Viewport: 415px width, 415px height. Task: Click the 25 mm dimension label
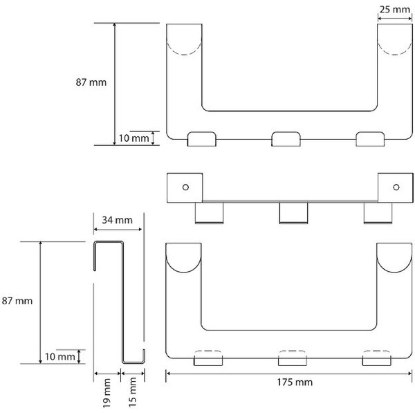coord(395,10)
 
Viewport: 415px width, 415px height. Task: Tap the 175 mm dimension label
coord(295,382)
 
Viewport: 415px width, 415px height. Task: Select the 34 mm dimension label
coord(117,220)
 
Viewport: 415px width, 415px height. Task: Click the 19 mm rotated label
coord(107,394)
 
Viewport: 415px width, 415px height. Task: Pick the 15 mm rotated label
coord(132,392)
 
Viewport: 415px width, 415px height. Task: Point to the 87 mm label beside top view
coord(91,82)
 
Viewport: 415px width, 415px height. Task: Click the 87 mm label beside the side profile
coord(17,301)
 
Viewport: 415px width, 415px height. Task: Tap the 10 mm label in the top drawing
coord(133,138)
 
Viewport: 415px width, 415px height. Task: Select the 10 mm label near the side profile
coord(59,357)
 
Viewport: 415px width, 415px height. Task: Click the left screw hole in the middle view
coord(185,187)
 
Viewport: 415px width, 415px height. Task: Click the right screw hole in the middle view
coord(396,187)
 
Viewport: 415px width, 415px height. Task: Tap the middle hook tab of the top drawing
coord(286,139)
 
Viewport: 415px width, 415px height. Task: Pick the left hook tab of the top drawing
coord(202,139)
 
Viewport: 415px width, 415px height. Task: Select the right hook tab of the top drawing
coord(370,139)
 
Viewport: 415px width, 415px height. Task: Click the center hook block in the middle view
coord(293,213)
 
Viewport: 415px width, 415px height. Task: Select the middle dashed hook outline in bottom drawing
coord(292,351)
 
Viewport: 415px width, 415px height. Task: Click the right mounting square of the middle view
coord(396,188)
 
